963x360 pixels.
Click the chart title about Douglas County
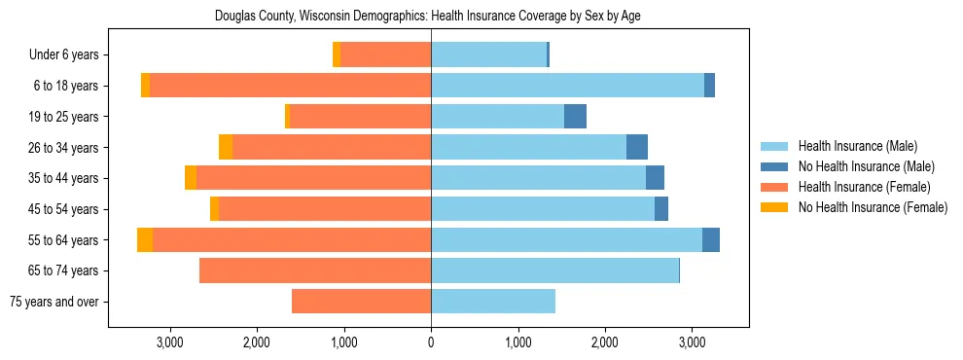click(x=428, y=16)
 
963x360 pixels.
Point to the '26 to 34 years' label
click(x=64, y=148)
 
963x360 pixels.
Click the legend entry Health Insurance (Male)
click(x=857, y=146)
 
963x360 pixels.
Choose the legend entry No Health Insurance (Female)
click(x=873, y=207)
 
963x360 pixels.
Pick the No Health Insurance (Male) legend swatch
click(x=774, y=166)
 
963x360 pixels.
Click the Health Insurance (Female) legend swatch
click(x=774, y=187)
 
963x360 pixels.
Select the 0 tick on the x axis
click(x=431, y=342)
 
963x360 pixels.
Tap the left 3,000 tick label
click(x=170, y=342)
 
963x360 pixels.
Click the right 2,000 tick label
click(x=605, y=342)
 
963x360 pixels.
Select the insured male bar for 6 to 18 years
click(x=567, y=86)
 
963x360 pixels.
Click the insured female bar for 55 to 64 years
click(x=292, y=239)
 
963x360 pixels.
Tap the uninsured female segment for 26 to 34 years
click(x=226, y=148)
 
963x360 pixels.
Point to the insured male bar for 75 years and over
click(x=493, y=302)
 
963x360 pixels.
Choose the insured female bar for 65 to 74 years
click(x=315, y=270)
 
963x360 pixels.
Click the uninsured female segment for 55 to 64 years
click(x=145, y=239)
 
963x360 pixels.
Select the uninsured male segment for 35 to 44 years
click(x=655, y=178)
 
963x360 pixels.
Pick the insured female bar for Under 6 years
click(x=386, y=55)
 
